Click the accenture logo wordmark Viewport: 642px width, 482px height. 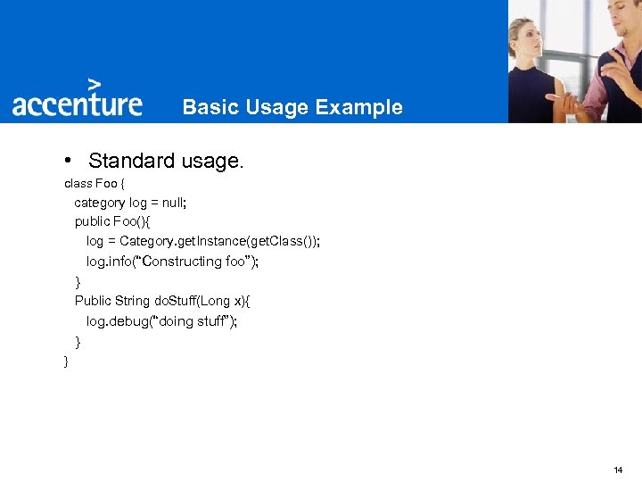pyautogui.click(x=77, y=104)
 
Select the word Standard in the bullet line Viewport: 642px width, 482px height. pyautogui.click(x=132, y=162)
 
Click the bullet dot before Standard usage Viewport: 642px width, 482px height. pyautogui.click(x=68, y=162)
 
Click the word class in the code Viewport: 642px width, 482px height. pyautogui.click(x=78, y=184)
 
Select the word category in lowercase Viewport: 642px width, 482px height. pyautogui.click(x=100, y=203)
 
